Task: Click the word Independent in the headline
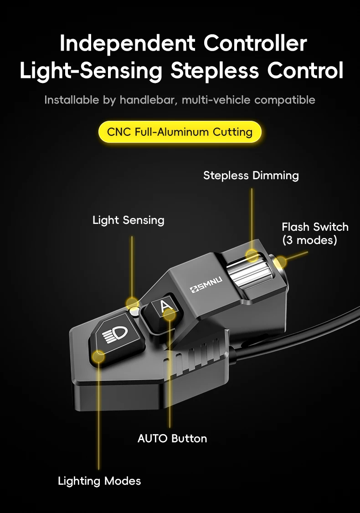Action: coord(128,44)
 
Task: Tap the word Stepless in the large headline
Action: coord(215,70)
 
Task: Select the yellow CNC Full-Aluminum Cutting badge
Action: coord(180,132)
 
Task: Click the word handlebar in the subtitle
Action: coord(148,100)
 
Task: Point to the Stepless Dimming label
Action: coord(251,176)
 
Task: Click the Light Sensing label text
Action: coord(129,220)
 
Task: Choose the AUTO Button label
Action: coord(172,438)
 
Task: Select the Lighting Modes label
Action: coord(99,481)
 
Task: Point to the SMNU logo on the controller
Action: coord(206,284)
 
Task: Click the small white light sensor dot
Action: coord(134,311)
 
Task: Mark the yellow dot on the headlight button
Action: coord(98,356)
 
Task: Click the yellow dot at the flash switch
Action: coord(280,262)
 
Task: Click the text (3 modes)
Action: coord(309,240)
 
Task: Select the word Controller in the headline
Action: coord(255,43)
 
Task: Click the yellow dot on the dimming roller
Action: coord(252,255)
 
